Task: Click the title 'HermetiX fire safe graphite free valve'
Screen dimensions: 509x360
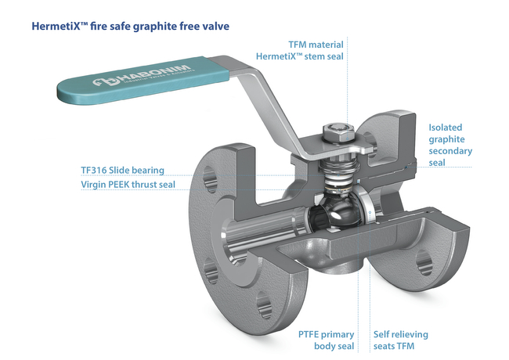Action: click(130, 27)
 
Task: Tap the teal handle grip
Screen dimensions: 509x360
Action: click(143, 81)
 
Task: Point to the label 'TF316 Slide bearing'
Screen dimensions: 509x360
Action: click(122, 171)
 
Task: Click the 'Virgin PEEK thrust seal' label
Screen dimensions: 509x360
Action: click(128, 185)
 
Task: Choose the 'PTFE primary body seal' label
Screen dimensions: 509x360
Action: click(327, 340)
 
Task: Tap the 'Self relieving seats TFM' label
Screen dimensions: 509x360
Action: click(401, 340)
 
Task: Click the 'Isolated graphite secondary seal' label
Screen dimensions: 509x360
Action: click(450, 145)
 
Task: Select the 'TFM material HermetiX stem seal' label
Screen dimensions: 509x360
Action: click(300, 50)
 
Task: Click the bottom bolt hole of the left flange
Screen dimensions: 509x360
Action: click(263, 305)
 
